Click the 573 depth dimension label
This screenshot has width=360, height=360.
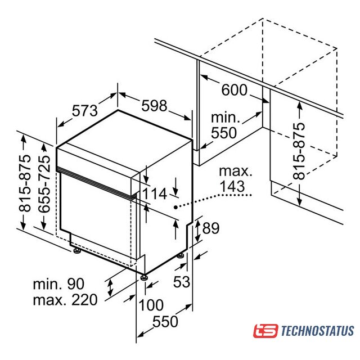tap(85, 111)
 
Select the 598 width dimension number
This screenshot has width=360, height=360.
tap(154, 106)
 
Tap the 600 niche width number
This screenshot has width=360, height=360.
tap(235, 90)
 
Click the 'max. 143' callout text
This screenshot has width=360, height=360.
tap(236, 179)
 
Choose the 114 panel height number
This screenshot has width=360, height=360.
tap(155, 193)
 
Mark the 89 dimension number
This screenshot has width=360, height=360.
tap(211, 228)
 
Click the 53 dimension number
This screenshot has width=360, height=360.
tap(182, 282)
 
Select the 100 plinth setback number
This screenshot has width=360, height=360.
tap(151, 305)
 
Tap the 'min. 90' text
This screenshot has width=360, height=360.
tap(58, 284)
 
